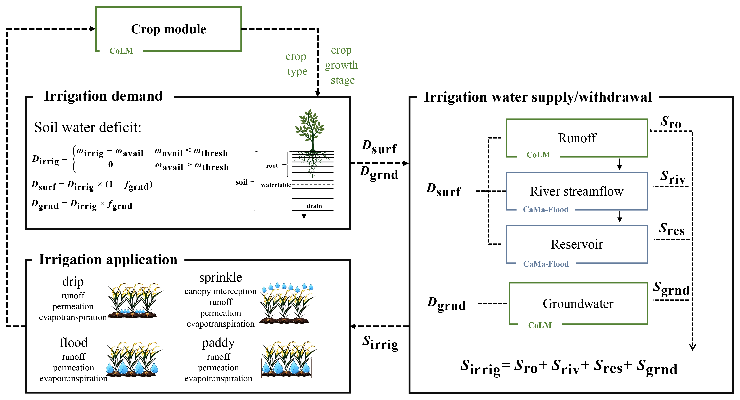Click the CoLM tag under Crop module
(x=121, y=51)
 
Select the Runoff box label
(x=577, y=138)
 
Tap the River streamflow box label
(x=577, y=191)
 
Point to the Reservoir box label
(x=577, y=244)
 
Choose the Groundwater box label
(x=578, y=304)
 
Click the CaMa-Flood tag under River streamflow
(x=545, y=210)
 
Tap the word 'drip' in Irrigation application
(x=73, y=282)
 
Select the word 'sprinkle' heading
(x=221, y=277)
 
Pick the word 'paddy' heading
(x=218, y=343)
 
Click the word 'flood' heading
(x=74, y=342)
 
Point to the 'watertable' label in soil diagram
(x=276, y=185)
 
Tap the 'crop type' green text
(x=296, y=64)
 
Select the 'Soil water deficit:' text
(x=88, y=127)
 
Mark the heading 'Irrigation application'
(x=108, y=259)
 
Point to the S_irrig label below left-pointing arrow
(x=380, y=342)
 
